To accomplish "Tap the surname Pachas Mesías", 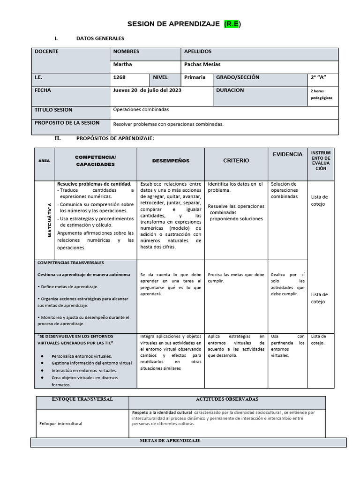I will click(x=202, y=64).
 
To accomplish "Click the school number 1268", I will click(x=120, y=77).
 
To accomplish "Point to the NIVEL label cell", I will click(x=160, y=77).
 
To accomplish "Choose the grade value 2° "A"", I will click(x=319, y=77).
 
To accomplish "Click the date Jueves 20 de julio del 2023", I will click(x=147, y=90).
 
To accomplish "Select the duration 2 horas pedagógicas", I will click(x=321, y=94).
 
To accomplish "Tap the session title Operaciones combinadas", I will click(x=141, y=110).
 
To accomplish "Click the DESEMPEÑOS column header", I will click(x=171, y=161).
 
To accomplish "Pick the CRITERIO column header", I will click(x=236, y=161).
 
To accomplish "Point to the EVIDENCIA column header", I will click(x=288, y=154).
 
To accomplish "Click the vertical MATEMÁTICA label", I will click(x=49, y=220).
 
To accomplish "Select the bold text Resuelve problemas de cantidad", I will click(x=94, y=184).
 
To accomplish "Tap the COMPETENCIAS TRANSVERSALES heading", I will click(x=70, y=263).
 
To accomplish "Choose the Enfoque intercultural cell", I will click(x=60, y=423).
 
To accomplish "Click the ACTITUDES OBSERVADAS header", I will click(x=227, y=399).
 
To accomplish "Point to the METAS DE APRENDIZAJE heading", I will click(x=170, y=441).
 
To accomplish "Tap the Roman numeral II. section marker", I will click(x=58, y=138).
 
